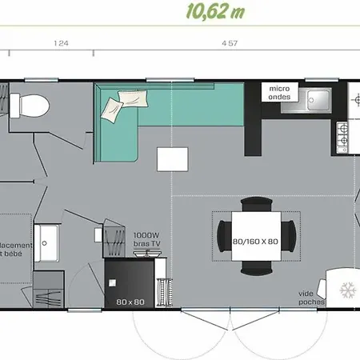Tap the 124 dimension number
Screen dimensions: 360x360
point(61,44)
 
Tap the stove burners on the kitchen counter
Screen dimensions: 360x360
point(342,136)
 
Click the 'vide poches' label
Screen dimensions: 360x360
point(310,298)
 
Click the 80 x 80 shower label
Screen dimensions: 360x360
point(129,302)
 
